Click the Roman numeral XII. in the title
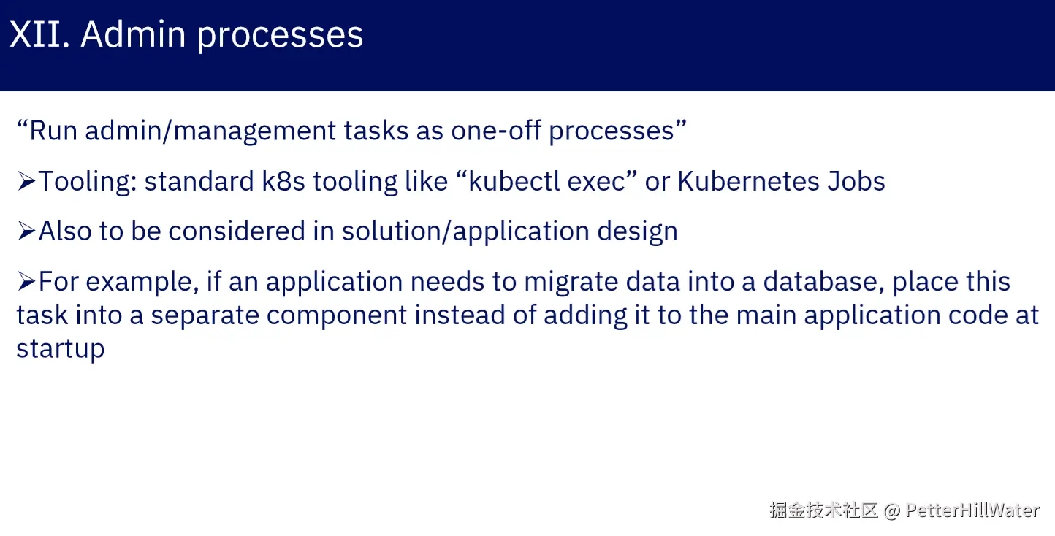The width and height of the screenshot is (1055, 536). coord(39,34)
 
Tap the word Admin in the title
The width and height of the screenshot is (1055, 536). coord(133,34)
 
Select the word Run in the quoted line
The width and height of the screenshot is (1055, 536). coord(53,131)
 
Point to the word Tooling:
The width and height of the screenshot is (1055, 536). coord(88,182)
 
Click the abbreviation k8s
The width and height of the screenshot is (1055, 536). coord(283,181)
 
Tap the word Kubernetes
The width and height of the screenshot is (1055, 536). coord(748,181)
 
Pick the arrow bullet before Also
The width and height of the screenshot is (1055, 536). coord(26,231)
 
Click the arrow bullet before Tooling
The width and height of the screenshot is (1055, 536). coord(26,181)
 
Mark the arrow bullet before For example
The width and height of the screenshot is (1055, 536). coord(26,281)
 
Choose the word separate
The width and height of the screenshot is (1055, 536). coord(205,316)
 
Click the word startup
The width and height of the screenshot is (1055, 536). coord(61,350)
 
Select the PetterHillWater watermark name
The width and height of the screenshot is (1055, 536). coord(972,510)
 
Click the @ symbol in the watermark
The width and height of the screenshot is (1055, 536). coord(892,511)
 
